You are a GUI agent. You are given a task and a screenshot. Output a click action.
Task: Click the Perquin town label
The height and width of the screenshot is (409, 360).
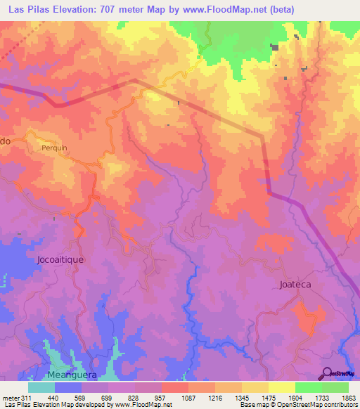click(x=54, y=150)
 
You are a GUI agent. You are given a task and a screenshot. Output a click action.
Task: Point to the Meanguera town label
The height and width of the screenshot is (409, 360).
click(x=70, y=375)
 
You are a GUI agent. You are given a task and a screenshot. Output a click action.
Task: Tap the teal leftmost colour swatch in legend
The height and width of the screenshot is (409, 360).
click(x=41, y=387)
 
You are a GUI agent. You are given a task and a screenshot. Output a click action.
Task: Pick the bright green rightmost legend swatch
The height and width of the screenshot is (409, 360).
click(x=335, y=387)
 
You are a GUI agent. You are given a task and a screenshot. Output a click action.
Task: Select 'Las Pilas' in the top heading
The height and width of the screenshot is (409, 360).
click(x=30, y=9)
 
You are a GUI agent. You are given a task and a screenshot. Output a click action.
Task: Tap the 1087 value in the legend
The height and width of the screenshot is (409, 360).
click(x=188, y=397)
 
